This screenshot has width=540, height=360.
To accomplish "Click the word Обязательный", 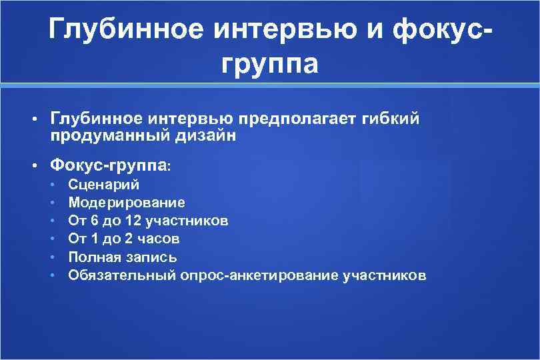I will (x=122, y=275).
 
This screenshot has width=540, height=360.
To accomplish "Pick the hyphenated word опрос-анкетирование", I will (x=259, y=275).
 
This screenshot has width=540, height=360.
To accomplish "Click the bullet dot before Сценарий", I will (x=53, y=185).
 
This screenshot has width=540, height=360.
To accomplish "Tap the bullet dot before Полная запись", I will (x=53, y=257).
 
